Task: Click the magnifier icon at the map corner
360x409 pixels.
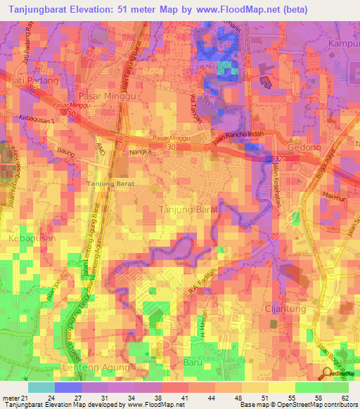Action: [x=328, y=373]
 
